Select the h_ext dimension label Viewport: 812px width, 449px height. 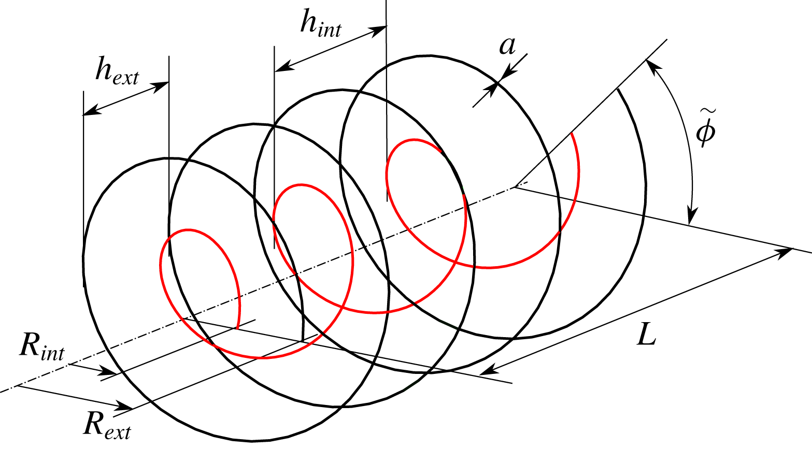pos(117,71)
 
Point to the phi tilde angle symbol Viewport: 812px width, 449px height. pos(705,132)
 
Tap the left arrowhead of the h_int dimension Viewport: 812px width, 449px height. pos(280,68)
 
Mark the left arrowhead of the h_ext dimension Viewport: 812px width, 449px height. pos(89,111)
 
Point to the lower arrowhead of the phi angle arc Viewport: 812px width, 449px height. pos(691,218)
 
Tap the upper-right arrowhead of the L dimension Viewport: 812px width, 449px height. pos(787,251)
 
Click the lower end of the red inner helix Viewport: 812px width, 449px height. pos(237,328)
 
